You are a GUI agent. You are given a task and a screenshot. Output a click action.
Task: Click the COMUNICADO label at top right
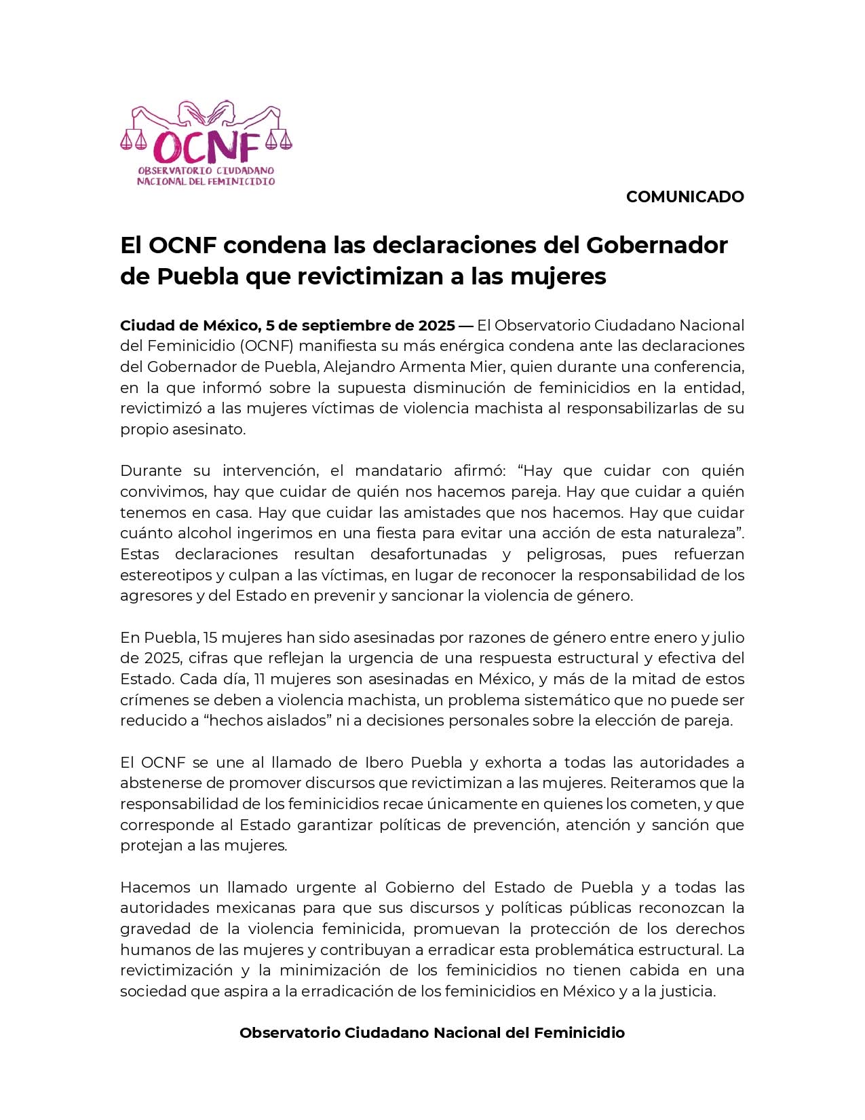(685, 197)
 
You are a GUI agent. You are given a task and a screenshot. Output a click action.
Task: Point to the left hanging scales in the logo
(133, 139)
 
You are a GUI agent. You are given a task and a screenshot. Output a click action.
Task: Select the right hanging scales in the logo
(279, 139)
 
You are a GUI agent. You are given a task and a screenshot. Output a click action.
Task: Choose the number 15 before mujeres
(209, 638)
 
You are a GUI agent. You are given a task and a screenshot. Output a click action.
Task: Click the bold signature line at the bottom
(432, 1033)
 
